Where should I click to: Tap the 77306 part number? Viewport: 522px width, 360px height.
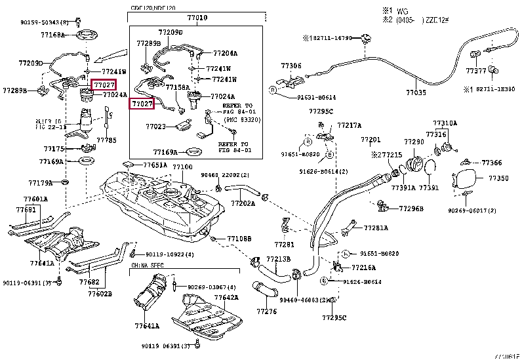[x=291, y=66]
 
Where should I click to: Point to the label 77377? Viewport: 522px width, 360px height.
[x=476, y=70]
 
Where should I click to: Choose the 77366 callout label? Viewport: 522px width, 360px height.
[x=492, y=163]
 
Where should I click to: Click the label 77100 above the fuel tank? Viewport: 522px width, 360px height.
[x=182, y=167]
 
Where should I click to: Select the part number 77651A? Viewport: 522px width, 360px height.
[x=155, y=165]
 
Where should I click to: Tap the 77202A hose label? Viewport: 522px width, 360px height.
[x=243, y=203]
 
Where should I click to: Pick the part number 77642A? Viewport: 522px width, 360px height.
[x=227, y=296]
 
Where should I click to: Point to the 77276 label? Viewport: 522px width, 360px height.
[x=267, y=311]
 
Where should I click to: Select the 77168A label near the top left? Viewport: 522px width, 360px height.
[x=52, y=35]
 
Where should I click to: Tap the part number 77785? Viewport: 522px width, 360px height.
[x=106, y=140]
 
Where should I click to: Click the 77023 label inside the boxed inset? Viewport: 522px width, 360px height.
[x=155, y=126]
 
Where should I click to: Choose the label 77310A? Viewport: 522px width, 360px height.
[x=445, y=123]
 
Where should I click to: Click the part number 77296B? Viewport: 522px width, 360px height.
[x=412, y=209]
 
